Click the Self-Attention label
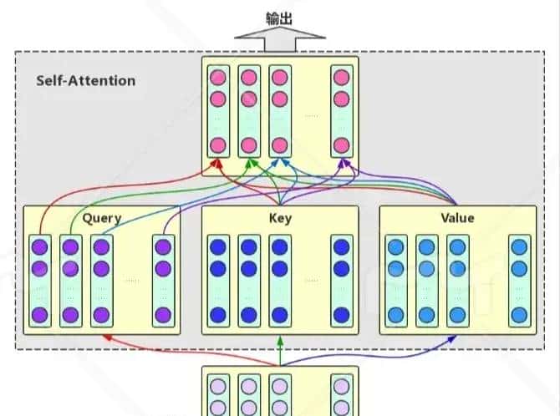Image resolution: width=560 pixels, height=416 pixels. coord(85,81)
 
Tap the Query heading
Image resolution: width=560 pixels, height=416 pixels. coord(101,218)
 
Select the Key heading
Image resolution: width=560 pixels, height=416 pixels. coord(280,218)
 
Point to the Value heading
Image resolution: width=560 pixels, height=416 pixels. coord(456,218)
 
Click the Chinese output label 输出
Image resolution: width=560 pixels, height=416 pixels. coord(279,17)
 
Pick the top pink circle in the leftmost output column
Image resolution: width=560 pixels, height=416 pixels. coord(218,78)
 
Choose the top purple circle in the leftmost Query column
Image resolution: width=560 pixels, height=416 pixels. coord(39,247)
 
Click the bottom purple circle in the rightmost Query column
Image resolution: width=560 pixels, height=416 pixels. coord(162,315)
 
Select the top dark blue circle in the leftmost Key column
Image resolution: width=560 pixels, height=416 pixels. coord(218,247)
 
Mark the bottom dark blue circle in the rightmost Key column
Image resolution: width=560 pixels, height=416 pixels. coord(340,315)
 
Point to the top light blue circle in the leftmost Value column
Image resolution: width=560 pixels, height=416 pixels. coord(396,247)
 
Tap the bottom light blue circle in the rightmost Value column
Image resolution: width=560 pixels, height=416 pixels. coord(519,315)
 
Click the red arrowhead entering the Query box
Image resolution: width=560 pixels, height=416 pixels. coord(105,337)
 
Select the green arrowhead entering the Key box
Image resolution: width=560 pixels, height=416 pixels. coord(280,339)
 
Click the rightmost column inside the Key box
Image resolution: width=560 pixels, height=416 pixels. coord(340,281)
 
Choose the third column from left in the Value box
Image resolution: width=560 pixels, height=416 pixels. coord(457,281)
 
